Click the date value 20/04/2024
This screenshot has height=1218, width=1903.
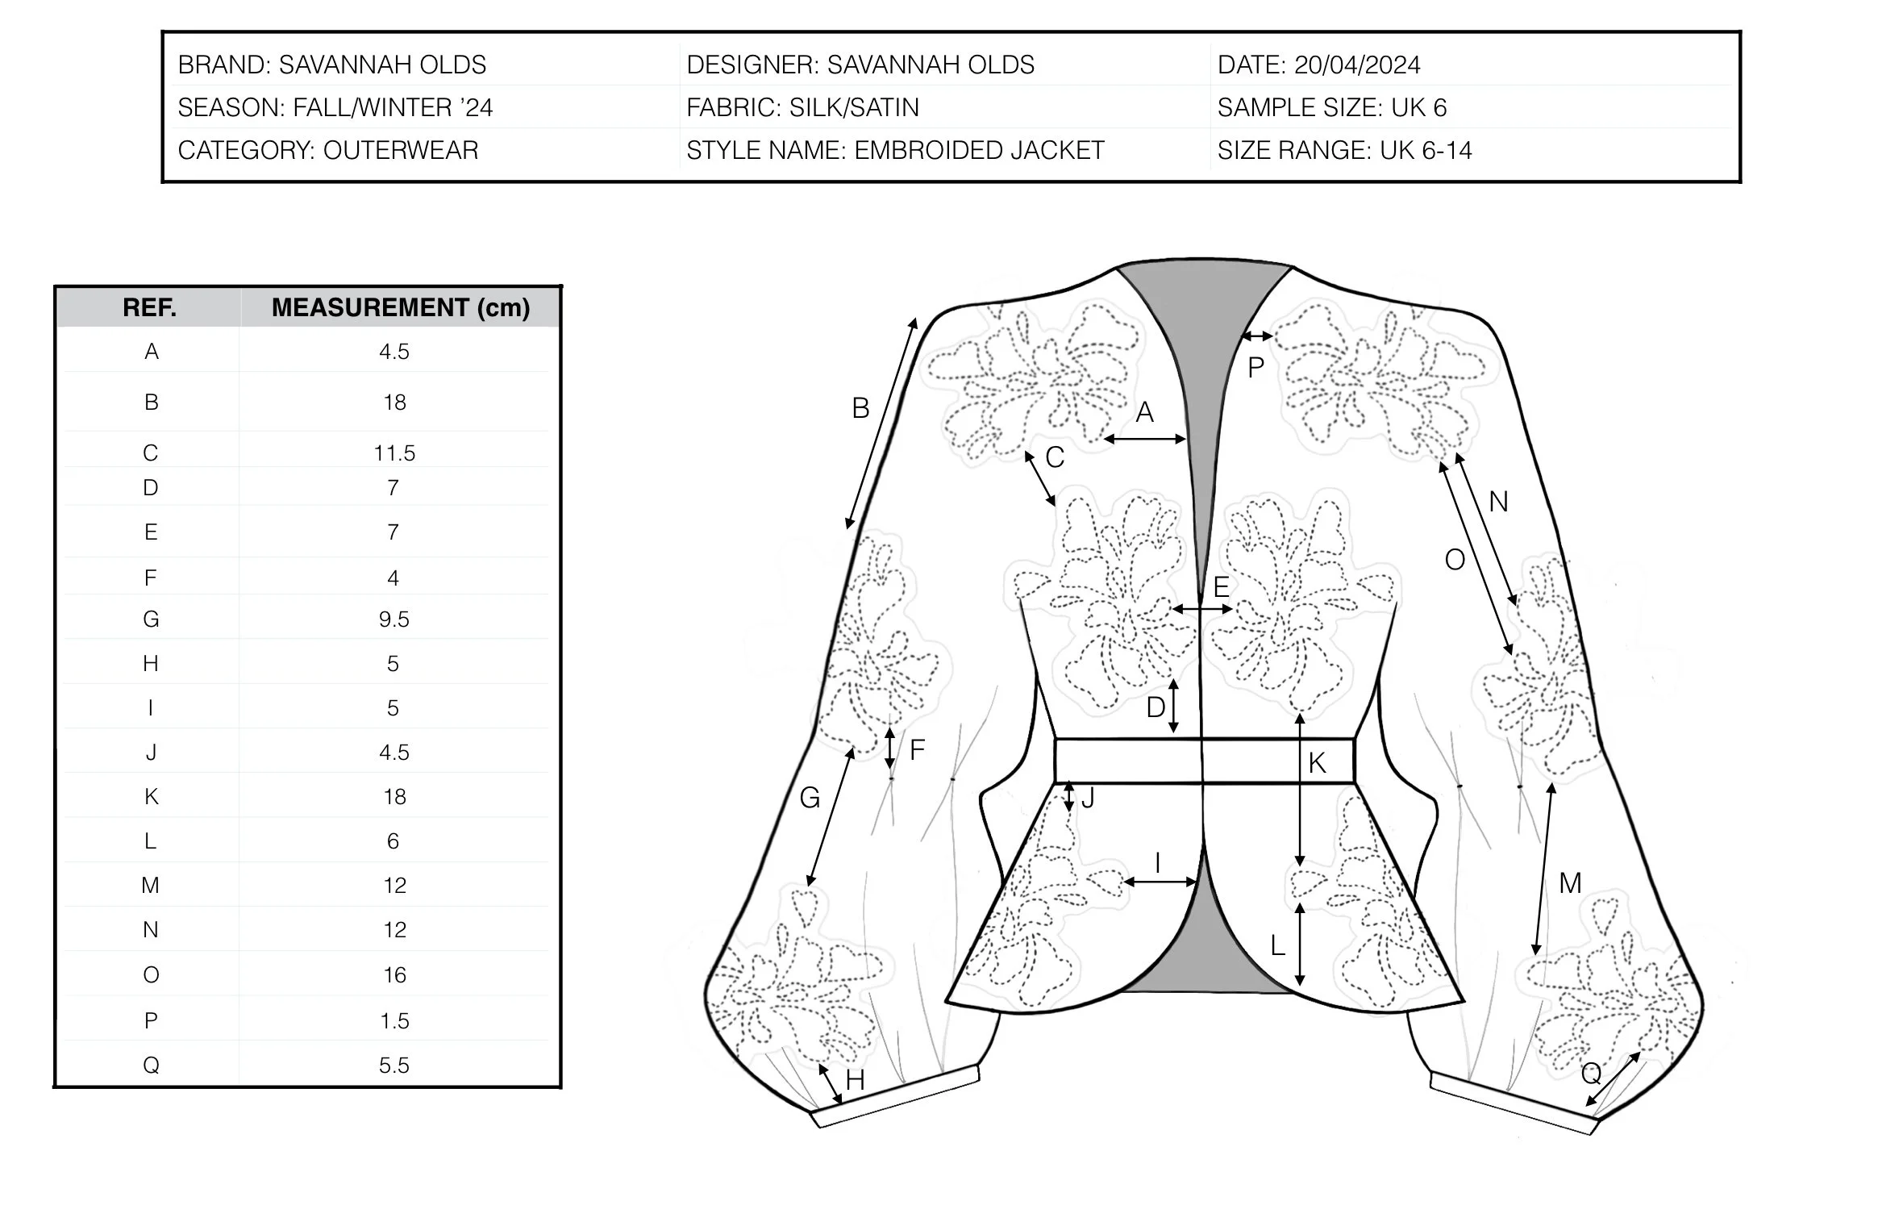click(x=1357, y=65)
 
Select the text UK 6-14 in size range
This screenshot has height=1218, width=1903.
click(x=1426, y=150)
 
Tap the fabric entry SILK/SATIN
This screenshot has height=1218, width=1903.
click(x=854, y=107)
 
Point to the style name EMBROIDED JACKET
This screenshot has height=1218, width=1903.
click(x=979, y=150)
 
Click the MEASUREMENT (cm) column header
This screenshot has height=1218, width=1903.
click(x=400, y=307)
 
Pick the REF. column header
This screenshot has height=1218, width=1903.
click(x=149, y=307)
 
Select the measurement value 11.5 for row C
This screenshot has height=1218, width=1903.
click(x=394, y=453)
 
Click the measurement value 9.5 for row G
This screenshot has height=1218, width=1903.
click(x=394, y=619)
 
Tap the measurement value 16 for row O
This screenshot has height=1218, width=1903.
click(x=394, y=975)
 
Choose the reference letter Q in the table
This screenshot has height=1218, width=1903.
click(x=151, y=1066)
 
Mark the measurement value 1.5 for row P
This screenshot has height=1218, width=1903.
click(x=394, y=1021)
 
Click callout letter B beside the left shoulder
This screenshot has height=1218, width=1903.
click(x=860, y=409)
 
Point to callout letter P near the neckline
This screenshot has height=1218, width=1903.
click(x=1255, y=369)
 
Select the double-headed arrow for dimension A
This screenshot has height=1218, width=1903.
click(x=1145, y=439)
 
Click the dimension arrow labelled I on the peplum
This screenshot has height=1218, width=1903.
click(x=1160, y=882)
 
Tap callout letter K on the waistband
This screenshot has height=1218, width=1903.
click(x=1317, y=763)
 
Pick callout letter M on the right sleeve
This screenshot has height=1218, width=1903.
click(x=1569, y=883)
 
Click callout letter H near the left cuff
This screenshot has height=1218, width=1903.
click(x=855, y=1080)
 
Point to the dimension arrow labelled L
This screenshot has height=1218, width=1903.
click(x=1300, y=944)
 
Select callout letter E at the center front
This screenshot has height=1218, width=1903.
click(x=1221, y=587)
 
